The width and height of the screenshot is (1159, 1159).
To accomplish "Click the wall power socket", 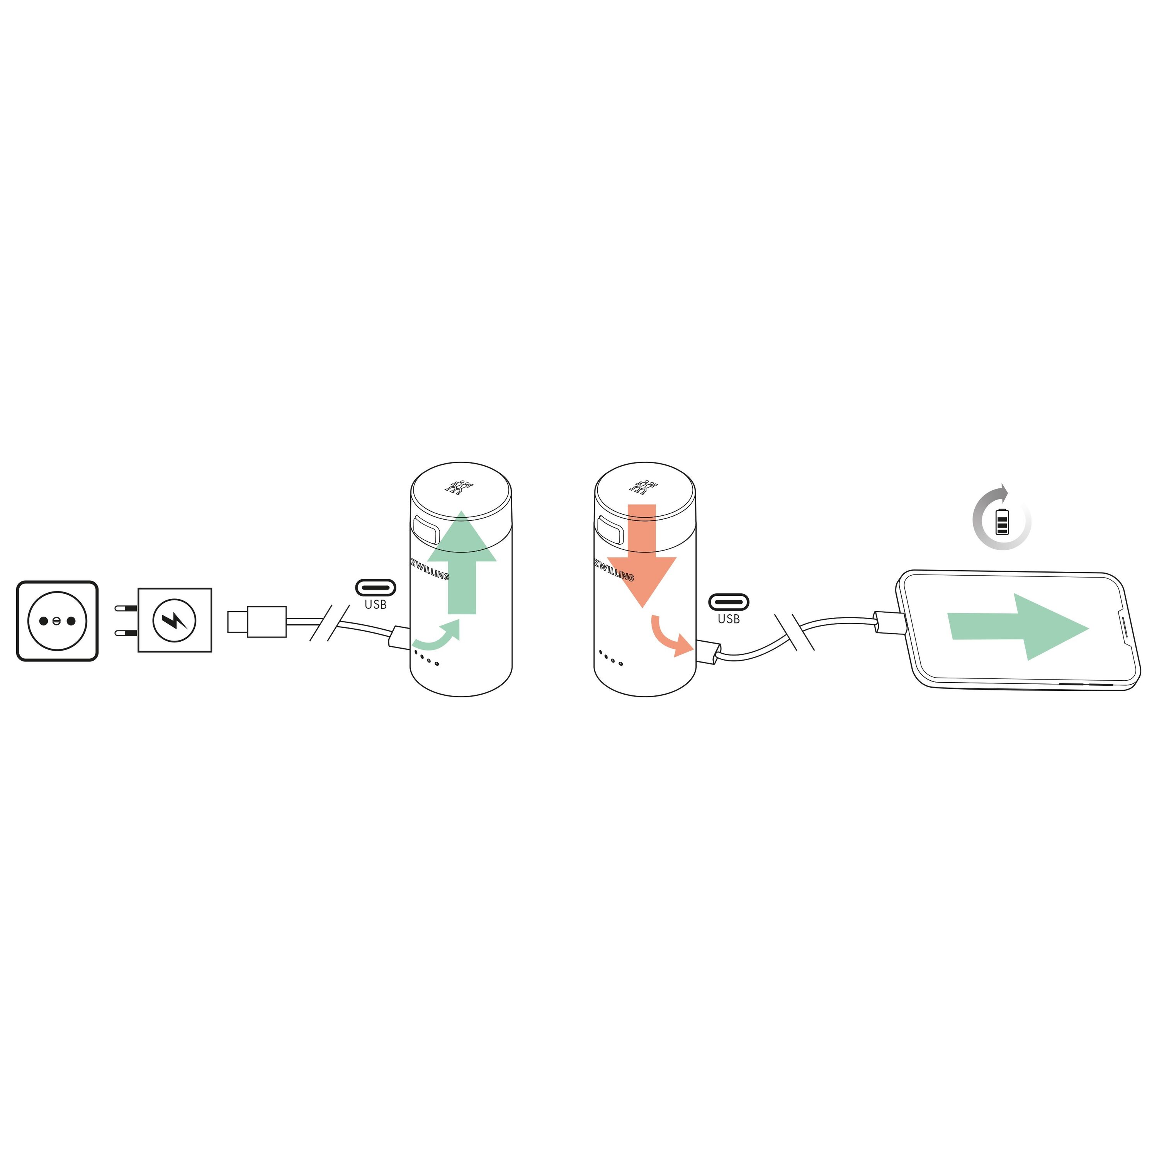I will pos(57,621).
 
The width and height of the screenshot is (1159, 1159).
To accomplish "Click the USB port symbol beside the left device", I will pos(376,587).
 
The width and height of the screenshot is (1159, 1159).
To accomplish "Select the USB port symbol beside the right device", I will pos(728,602).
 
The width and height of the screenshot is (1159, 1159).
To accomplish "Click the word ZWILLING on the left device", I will pos(430,569).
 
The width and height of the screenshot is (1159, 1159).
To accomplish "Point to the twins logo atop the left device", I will pos(459,486).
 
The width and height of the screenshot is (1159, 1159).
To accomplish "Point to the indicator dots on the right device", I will pos(610,658).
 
